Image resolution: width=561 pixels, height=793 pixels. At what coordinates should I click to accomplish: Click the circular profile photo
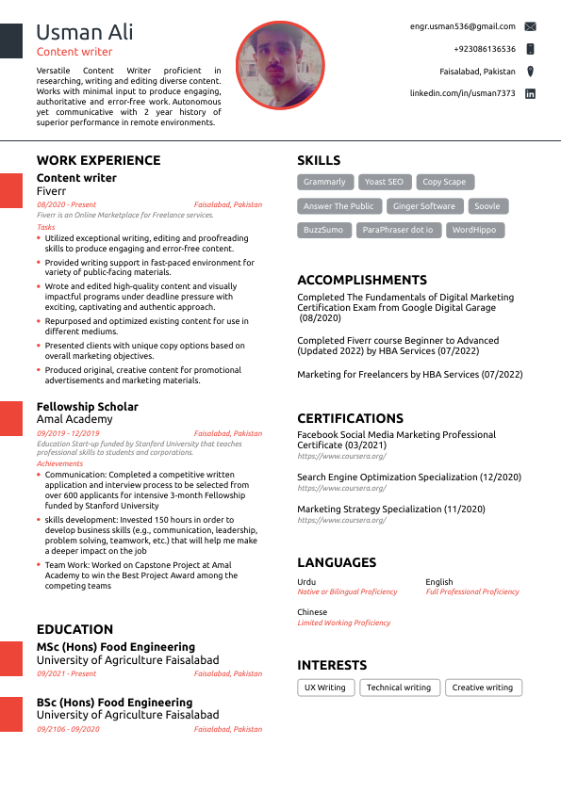click(x=279, y=66)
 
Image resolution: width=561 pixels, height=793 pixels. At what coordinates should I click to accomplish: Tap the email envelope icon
click(x=530, y=27)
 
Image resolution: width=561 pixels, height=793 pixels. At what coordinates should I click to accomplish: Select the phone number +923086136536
click(x=485, y=49)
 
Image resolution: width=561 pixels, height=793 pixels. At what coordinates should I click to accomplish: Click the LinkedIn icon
click(x=530, y=94)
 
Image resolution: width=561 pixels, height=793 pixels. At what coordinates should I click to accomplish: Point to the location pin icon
click(x=530, y=72)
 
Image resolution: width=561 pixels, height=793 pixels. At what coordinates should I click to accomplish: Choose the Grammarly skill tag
click(x=325, y=182)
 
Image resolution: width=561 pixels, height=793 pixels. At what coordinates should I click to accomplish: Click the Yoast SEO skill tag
click(x=384, y=182)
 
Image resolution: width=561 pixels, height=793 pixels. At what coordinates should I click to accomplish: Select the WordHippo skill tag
click(x=474, y=230)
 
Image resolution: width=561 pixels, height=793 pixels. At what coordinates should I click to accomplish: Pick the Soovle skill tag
click(x=487, y=206)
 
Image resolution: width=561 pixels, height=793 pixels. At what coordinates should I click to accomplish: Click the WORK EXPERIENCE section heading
click(x=98, y=160)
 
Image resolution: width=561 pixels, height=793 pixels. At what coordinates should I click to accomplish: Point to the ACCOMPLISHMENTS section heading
click(x=362, y=280)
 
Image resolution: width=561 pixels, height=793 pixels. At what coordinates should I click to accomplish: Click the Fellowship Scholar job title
click(x=87, y=407)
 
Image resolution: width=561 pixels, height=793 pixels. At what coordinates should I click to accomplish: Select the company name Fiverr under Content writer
click(x=52, y=190)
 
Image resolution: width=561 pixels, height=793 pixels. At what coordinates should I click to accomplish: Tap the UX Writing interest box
click(x=325, y=688)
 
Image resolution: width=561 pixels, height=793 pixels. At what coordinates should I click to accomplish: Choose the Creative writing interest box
click(x=483, y=688)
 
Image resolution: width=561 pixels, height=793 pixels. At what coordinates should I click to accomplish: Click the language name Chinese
click(x=312, y=612)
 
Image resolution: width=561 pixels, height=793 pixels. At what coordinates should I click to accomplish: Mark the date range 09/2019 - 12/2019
click(x=68, y=433)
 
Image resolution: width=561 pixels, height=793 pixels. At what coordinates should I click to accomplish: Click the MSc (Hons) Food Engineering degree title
click(x=116, y=647)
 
